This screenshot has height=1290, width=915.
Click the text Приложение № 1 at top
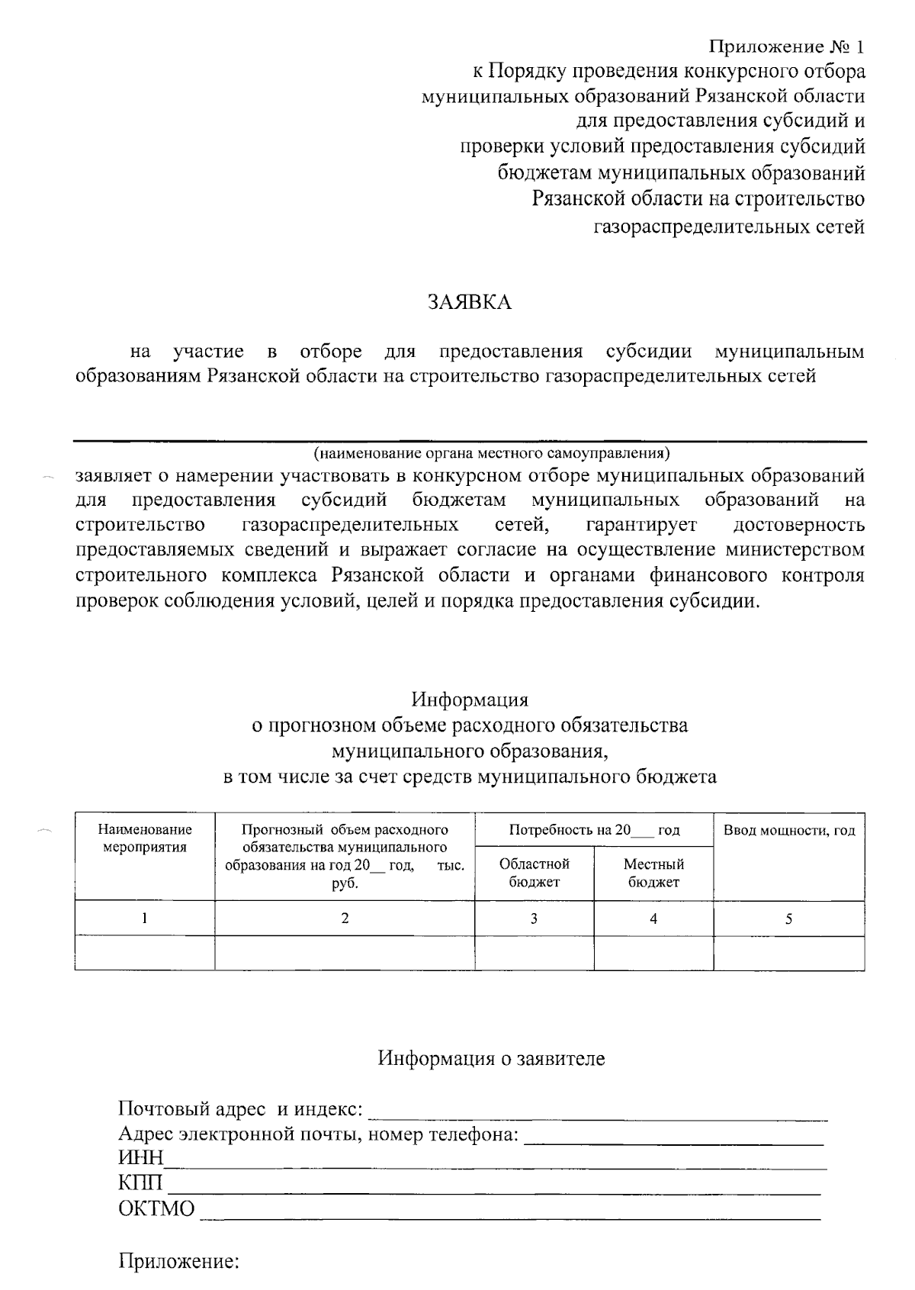coord(787,47)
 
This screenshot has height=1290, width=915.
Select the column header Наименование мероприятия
coord(145,838)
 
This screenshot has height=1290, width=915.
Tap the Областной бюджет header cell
coord(534,873)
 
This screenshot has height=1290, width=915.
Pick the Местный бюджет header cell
coord(653,873)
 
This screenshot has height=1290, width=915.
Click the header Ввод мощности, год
coord(788,830)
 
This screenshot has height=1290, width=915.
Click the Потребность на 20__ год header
coord(593,830)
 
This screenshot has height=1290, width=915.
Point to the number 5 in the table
coord(788,918)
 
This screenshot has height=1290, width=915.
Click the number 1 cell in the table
coord(145,918)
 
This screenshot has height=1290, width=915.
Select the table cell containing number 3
coord(534,918)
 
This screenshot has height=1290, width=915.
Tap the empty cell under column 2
coord(345,954)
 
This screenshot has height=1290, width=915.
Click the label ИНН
coord(141,1158)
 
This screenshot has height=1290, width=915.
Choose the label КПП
coord(141,1183)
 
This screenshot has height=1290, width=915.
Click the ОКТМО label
coord(156,1209)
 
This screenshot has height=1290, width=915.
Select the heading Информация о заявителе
coord(491,1058)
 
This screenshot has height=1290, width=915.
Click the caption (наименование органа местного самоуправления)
coord(491,454)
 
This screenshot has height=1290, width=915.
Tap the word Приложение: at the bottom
coord(179,1263)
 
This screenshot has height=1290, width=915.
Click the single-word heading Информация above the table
coord(470,699)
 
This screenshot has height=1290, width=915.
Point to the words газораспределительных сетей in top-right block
coord(729,227)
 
